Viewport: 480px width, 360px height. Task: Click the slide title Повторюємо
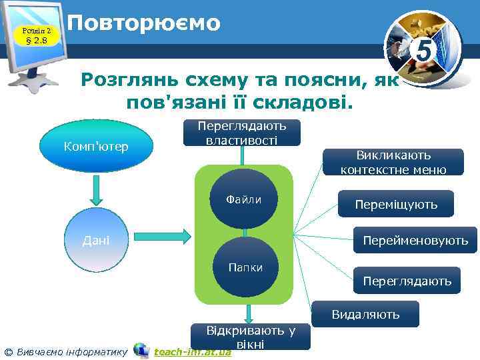click(x=143, y=23)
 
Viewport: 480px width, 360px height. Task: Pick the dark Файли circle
click(x=243, y=200)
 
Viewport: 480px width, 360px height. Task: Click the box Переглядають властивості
click(x=242, y=132)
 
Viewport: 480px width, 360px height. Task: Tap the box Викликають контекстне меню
click(x=393, y=162)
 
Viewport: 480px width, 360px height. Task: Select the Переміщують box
click(x=396, y=205)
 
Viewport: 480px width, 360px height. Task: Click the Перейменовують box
click(x=415, y=240)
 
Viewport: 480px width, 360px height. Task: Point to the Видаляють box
click(x=366, y=314)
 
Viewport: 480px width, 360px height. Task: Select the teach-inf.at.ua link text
click(x=192, y=351)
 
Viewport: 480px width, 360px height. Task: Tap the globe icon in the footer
click(x=141, y=350)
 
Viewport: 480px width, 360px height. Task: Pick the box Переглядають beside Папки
click(x=407, y=281)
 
